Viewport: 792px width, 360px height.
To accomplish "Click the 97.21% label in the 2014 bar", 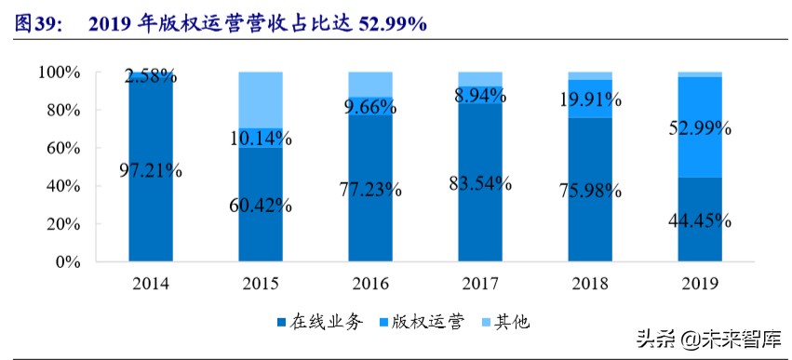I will (151, 170).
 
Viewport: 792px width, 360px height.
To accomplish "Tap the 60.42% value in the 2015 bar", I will (261, 205).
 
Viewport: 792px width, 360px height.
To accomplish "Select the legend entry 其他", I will (506, 322).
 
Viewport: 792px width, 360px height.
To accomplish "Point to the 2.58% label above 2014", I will (151, 76).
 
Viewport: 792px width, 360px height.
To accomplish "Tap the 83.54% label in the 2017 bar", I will (480, 182).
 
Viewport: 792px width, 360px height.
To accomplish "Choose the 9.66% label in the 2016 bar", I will (370, 108).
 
